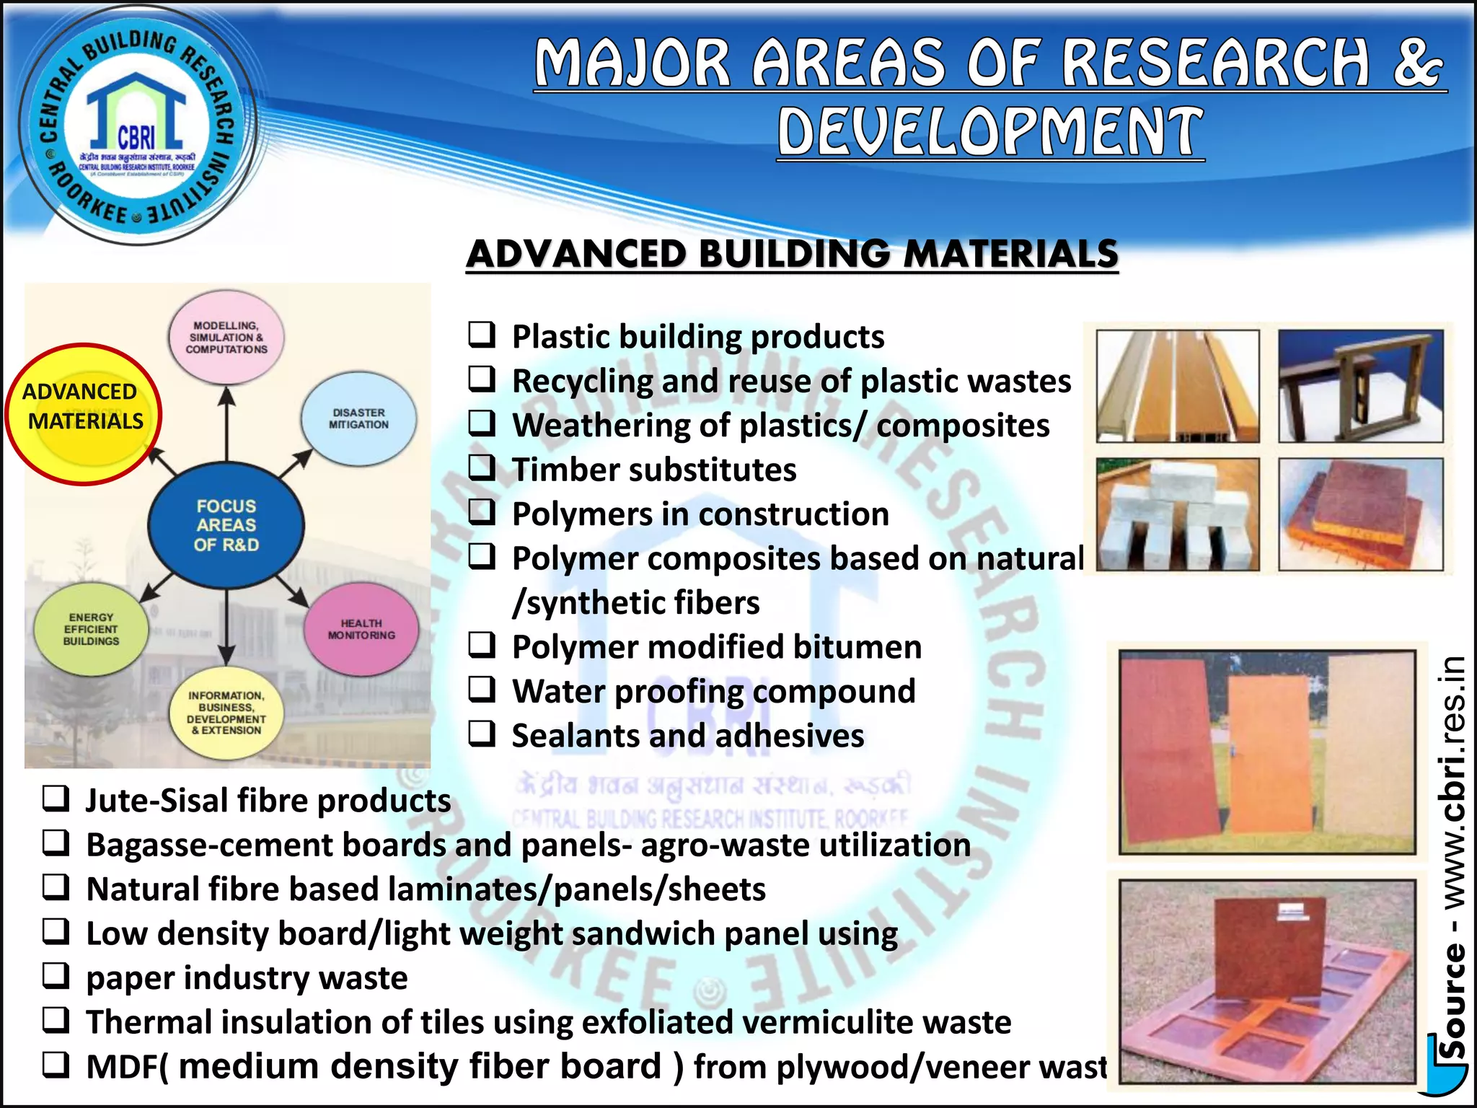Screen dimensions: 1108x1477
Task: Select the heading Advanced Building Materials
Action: [792, 254]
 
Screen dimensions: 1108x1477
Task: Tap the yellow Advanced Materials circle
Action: [84, 413]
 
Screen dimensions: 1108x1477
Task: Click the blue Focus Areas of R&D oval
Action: [226, 525]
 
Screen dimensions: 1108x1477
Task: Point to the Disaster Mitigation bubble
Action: [358, 419]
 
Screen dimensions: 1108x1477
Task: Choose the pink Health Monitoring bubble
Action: [361, 629]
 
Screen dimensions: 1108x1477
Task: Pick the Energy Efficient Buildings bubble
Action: [91, 629]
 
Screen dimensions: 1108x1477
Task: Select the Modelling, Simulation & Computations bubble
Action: [226, 338]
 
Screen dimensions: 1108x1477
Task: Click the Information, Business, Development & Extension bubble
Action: [226, 713]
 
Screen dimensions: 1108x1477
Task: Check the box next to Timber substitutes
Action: [482, 468]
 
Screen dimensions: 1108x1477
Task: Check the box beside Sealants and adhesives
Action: [482, 734]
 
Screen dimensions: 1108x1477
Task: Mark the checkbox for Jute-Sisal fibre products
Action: [56, 799]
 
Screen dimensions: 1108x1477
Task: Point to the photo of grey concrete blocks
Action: [1177, 514]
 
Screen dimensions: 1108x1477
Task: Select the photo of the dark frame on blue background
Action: [1360, 386]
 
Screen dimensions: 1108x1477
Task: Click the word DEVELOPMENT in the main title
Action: [990, 132]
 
